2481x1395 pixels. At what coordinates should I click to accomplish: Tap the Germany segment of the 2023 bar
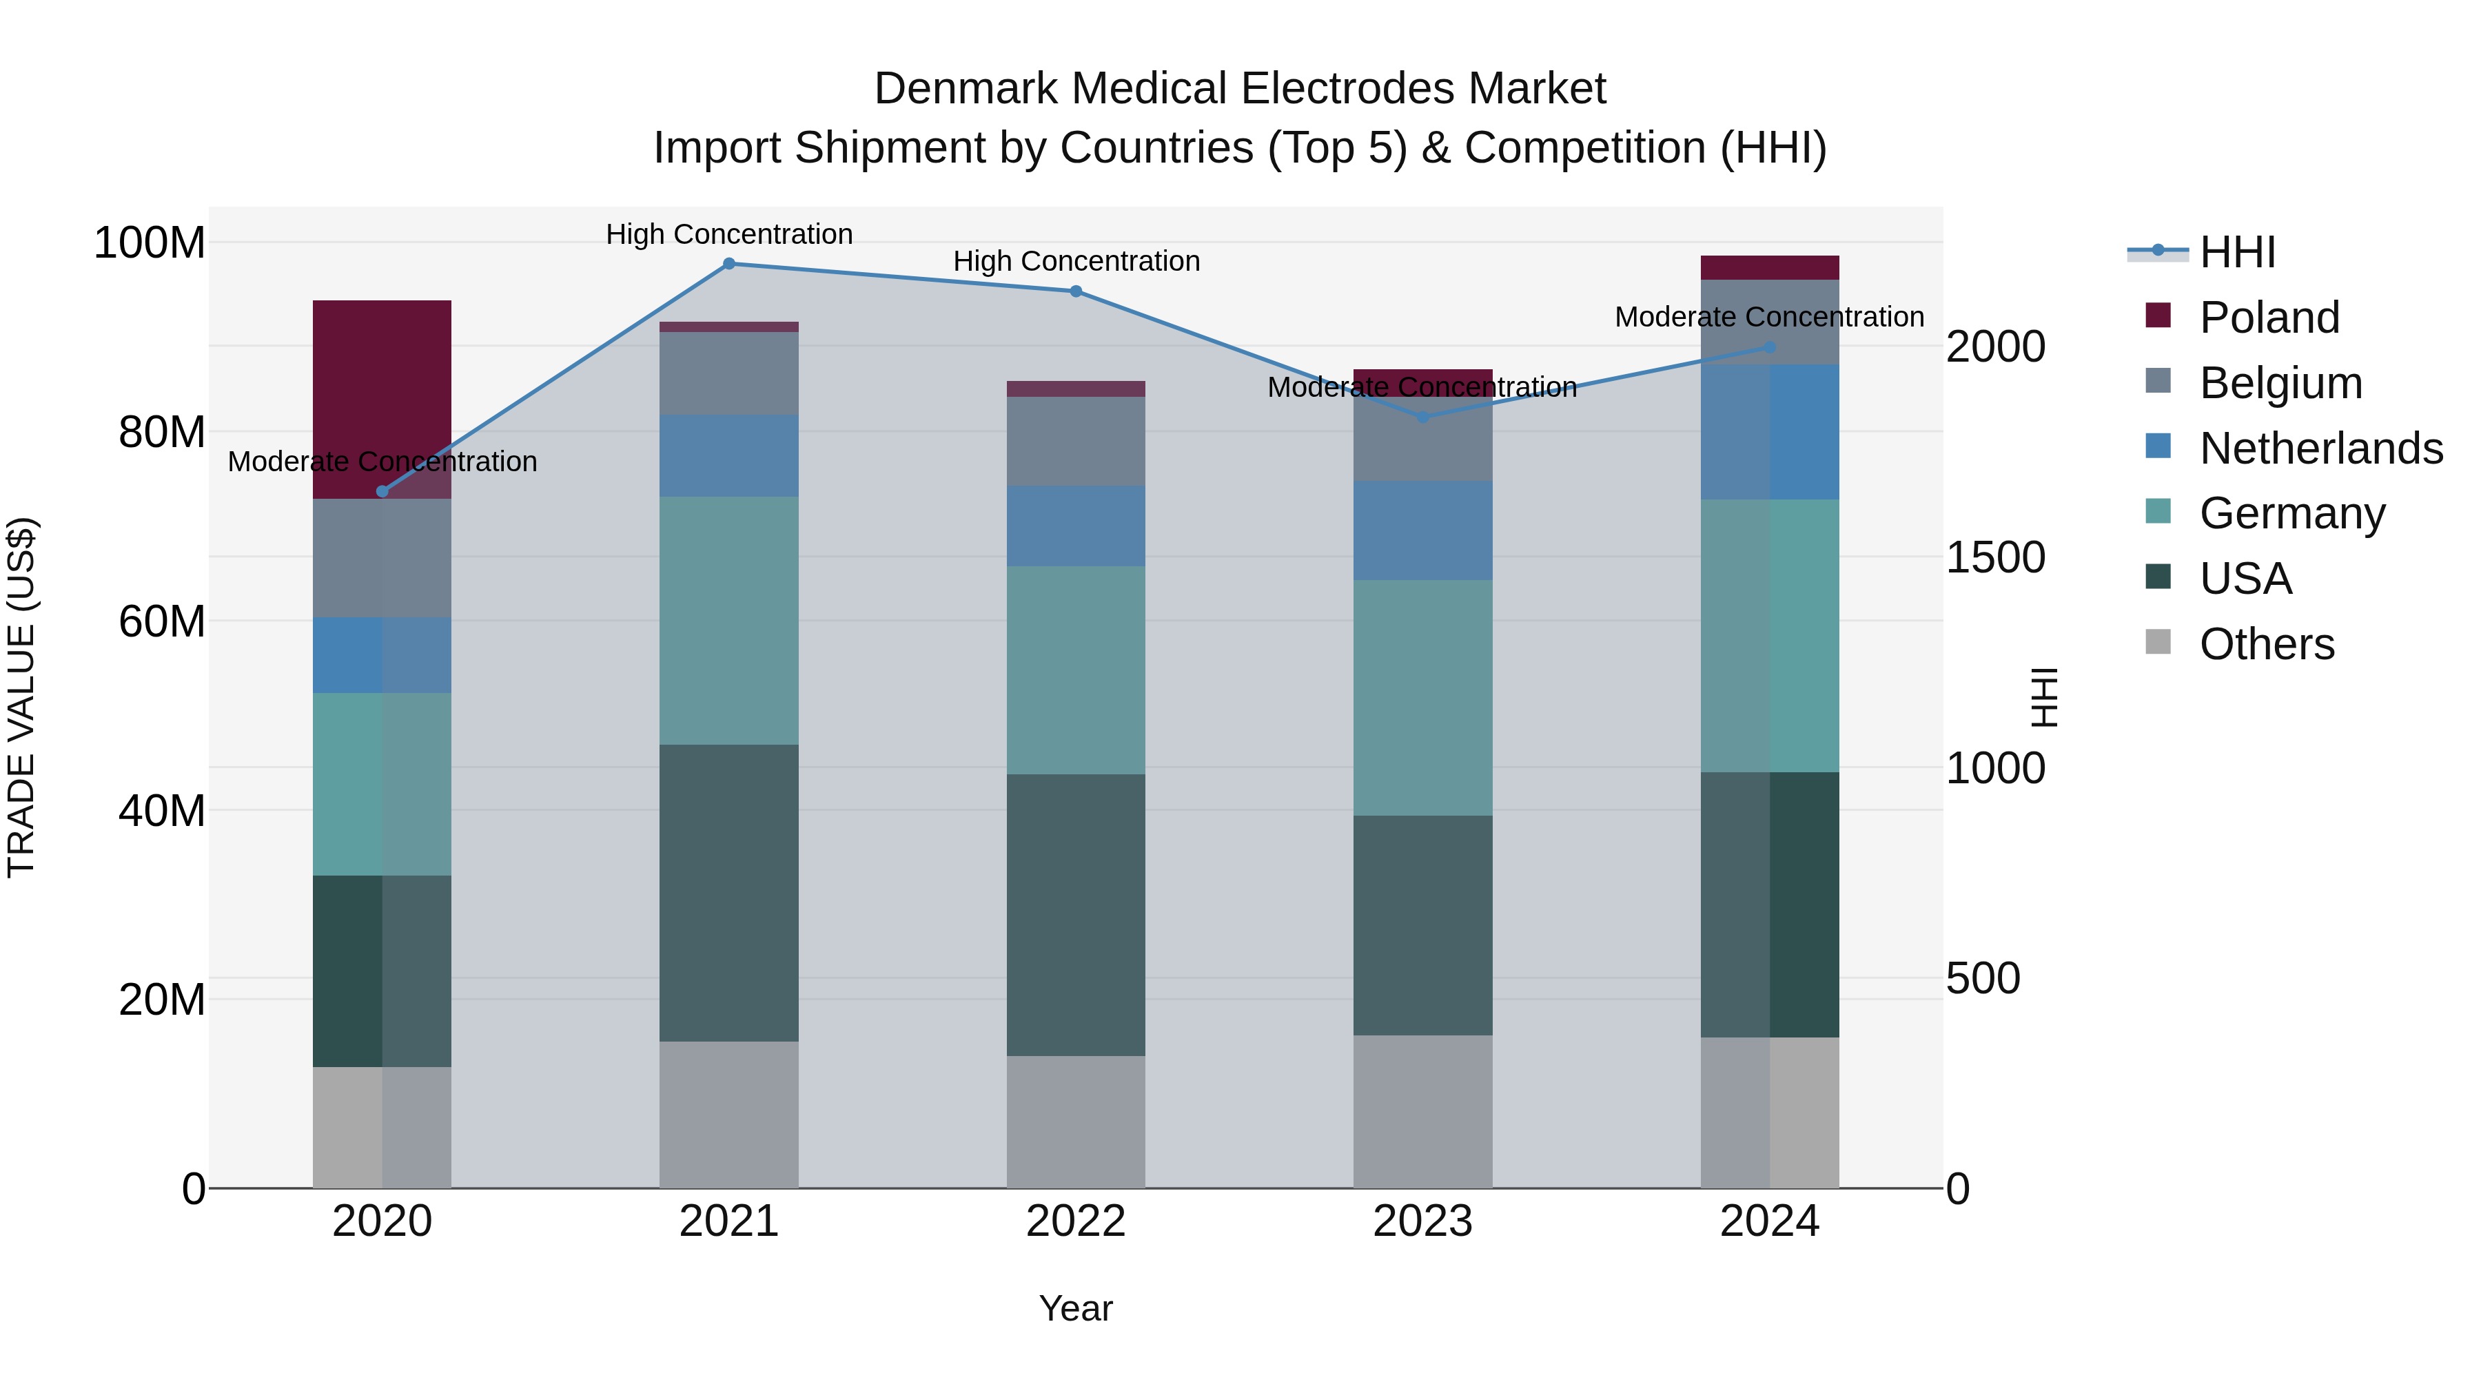1422,697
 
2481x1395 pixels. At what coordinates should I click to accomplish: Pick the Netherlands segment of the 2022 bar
1076,526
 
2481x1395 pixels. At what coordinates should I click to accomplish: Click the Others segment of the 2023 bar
1422,1111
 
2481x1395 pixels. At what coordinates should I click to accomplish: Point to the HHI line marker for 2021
729,264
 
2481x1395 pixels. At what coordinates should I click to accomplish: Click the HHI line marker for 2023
1422,417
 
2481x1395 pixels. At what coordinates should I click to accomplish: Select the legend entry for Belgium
2280,383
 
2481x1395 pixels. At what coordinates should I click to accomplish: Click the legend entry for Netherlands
2319,448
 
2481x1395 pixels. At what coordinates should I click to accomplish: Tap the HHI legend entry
2236,252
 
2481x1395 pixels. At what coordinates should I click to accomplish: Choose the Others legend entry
2265,644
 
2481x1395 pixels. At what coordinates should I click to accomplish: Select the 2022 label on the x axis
1076,1221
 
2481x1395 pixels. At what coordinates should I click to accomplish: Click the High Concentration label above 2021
729,234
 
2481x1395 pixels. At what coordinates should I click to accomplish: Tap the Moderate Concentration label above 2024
1768,317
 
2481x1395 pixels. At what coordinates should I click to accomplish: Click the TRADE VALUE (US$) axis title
21,697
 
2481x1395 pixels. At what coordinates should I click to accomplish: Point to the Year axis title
1076,1308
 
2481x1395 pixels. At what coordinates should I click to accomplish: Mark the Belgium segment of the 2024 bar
1768,322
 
